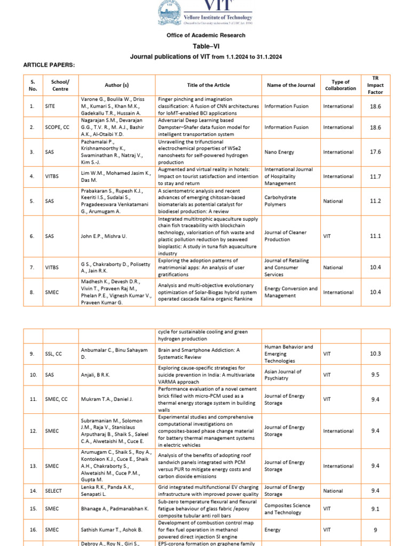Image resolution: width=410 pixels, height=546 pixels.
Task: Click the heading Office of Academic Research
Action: coord(206,35)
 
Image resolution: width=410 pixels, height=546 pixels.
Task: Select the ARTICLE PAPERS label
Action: coord(49,65)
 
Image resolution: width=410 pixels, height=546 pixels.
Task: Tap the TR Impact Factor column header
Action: coord(375,85)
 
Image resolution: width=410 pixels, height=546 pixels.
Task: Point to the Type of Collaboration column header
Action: coord(340,85)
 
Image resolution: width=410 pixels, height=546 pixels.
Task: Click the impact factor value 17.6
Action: coord(375,152)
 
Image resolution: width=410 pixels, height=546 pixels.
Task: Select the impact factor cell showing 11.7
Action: coord(375,176)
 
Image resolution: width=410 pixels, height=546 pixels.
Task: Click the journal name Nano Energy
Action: coord(279,152)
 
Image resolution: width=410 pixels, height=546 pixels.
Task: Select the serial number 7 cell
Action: coord(33,268)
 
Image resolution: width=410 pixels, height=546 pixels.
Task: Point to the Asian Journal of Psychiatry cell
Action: coord(283,375)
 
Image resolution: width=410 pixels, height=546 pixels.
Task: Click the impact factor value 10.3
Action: coord(375,354)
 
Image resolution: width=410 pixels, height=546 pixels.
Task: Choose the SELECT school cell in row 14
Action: coord(53,491)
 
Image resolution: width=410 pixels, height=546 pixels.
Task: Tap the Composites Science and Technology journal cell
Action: coord(287,509)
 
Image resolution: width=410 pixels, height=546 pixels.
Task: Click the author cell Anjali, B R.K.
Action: coord(96,375)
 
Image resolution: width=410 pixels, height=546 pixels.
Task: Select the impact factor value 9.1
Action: coord(375,509)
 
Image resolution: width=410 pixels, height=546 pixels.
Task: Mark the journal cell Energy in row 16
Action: coord(272,530)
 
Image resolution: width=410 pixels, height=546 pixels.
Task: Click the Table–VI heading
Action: coord(206,46)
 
